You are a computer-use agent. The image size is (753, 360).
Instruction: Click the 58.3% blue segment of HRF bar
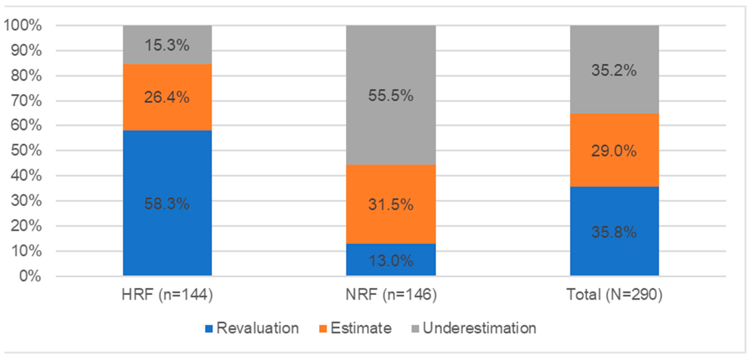[167, 203]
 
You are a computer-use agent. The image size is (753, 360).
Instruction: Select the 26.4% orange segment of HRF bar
[167, 97]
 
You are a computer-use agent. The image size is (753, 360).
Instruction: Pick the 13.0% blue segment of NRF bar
[391, 260]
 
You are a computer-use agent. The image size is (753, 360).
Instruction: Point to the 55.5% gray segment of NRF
[391, 95]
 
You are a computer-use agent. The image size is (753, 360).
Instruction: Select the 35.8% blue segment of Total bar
[614, 231]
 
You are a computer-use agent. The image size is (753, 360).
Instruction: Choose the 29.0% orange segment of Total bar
[614, 151]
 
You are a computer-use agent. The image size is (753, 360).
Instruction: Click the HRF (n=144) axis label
[167, 294]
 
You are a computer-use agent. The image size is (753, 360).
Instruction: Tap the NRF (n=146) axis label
[391, 294]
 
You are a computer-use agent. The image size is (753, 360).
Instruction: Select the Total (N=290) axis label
[614, 294]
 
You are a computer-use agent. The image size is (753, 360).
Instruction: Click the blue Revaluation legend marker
[209, 329]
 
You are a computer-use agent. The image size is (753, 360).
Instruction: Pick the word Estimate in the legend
[361, 328]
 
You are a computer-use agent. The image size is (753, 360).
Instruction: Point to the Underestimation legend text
[479, 328]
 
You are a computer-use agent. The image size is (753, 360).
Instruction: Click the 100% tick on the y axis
[23, 25]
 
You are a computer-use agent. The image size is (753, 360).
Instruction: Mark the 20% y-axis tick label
[26, 226]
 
